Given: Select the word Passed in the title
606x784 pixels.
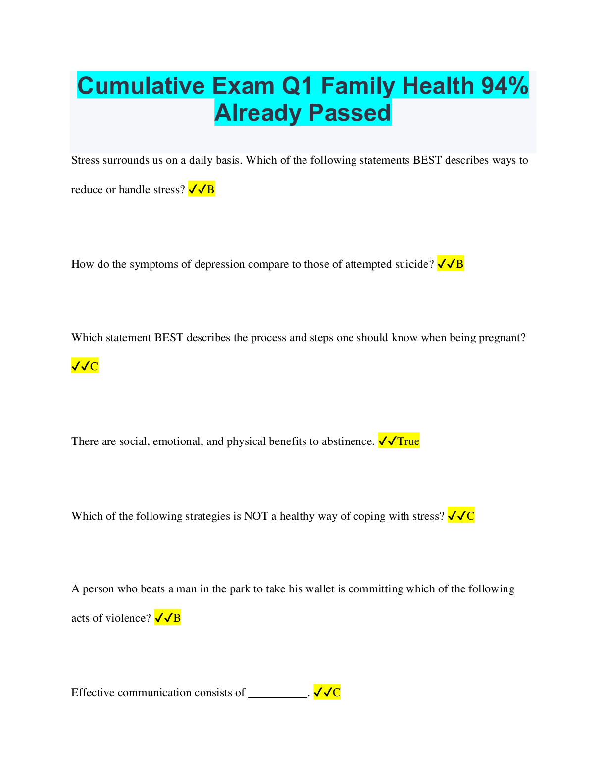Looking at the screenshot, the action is (350, 113).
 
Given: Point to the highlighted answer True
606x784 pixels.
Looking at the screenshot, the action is (399, 441).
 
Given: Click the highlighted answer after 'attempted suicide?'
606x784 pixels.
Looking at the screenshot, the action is (451, 264).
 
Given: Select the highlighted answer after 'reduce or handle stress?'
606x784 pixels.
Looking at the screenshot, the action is (202, 189).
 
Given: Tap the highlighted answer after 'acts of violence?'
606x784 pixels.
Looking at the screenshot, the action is (167, 618).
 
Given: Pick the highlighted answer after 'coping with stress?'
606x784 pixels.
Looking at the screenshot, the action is (461, 516).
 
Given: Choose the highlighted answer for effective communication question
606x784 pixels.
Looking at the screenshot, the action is (327, 692).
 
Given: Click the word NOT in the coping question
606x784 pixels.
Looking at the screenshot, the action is (256, 516).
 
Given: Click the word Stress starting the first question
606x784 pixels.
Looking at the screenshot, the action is (85, 160).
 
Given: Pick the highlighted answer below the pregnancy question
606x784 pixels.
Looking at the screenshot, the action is (85, 366).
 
